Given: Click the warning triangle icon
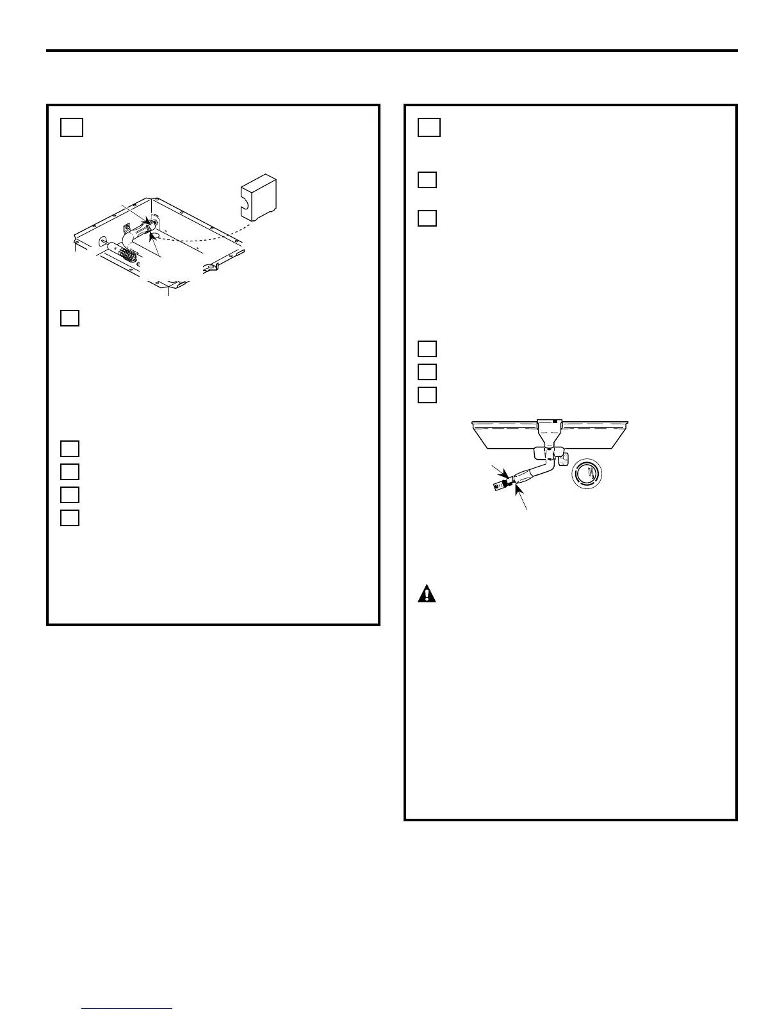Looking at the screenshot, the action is (x=427, y=594).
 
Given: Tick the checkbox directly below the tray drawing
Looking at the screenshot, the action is (x=70, y=318).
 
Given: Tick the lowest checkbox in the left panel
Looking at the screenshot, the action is (x=70, y=517).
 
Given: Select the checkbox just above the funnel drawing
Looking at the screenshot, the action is (x=427, y=394).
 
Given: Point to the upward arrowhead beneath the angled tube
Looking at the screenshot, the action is (x=518, y=489).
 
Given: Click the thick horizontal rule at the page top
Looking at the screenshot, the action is (x=392, y=51).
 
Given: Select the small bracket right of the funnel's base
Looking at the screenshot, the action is (x=564, y=459).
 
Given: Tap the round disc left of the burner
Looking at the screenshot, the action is (x=102, y=242).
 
